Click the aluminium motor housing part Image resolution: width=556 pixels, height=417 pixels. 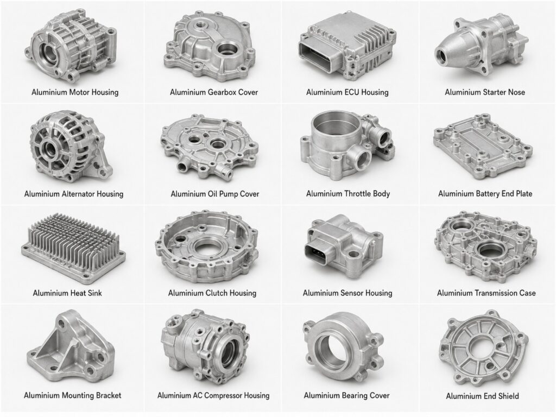pyautogui.click(x=71, y=46)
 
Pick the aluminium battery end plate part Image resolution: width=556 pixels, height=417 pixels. pyautogui.click(x=483, y=147)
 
